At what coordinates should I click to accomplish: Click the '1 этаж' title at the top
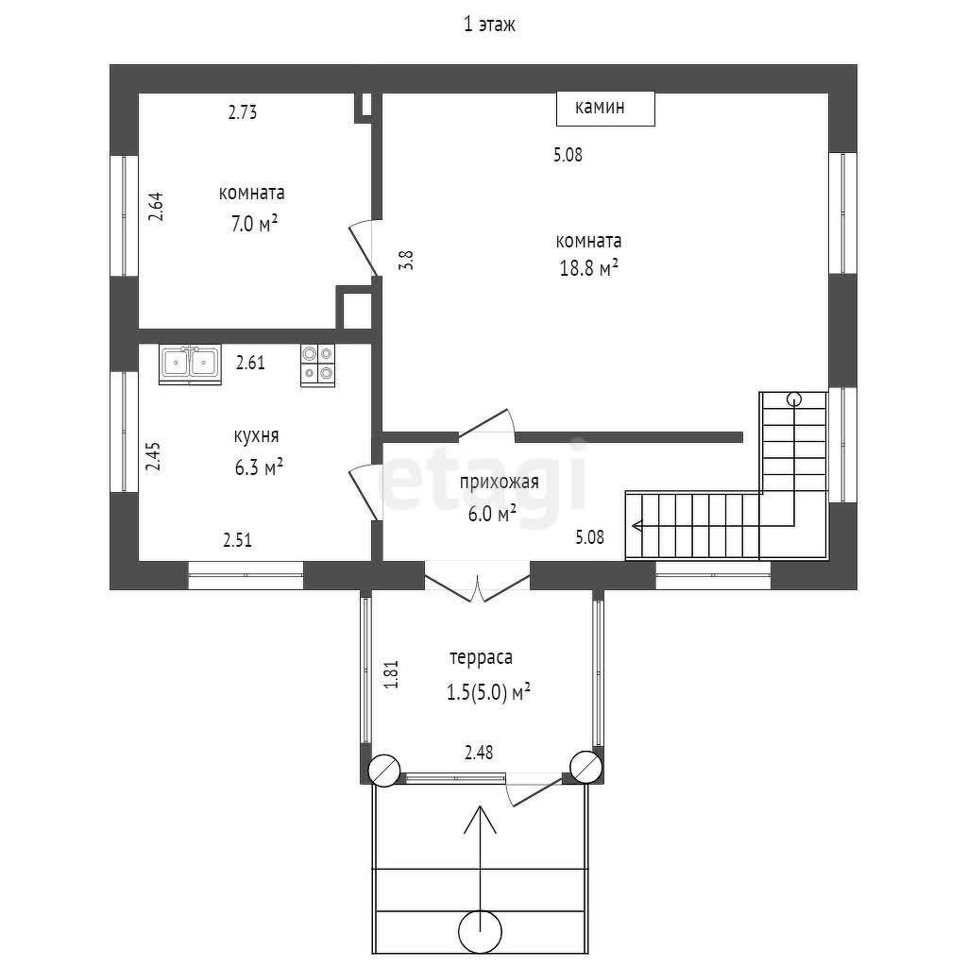point(489,25)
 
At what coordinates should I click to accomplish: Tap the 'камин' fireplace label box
point(605,109)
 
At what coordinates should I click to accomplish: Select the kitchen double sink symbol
point(190,364)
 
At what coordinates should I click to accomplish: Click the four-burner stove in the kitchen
point(317,365)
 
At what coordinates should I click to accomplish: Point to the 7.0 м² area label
point(254,223)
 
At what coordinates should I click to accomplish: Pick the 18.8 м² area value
point(589,268)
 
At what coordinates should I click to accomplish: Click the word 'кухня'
point(256,436)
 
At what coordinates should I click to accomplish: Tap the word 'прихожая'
point(499,482)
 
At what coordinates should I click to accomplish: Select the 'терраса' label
point(481,657)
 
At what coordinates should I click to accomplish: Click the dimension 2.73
point(243,112)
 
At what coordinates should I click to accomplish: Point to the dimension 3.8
point(406,260)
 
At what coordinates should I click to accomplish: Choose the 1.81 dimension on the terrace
point(392,674)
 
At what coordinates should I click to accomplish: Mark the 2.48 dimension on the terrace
point(479,753)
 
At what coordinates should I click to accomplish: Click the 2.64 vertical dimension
point(156,207)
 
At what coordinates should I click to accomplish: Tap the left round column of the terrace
point(383,771)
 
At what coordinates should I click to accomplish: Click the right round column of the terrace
point(585,767)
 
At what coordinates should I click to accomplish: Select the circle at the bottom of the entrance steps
point(481,930)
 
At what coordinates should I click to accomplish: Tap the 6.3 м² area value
point(259,467)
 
